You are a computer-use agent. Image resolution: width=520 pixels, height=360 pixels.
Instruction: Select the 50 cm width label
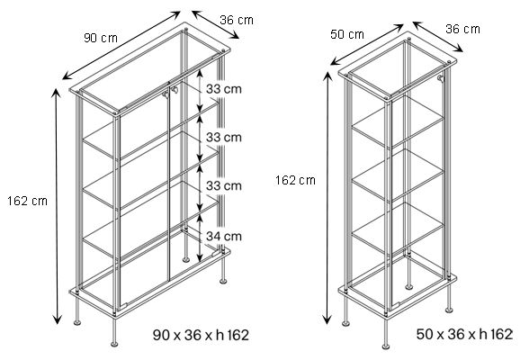click(347, 34)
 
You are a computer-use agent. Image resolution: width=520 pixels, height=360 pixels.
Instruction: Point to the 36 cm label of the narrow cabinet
click(462, 29)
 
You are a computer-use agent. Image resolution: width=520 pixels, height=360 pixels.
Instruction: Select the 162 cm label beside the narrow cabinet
click(295, 180)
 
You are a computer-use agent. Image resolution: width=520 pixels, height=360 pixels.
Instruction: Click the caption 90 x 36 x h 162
click(202, 335)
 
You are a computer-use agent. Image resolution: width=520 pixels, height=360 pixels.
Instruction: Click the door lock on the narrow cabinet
click(441, 80)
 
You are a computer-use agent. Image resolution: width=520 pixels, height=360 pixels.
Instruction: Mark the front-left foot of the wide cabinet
click(78, 319)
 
